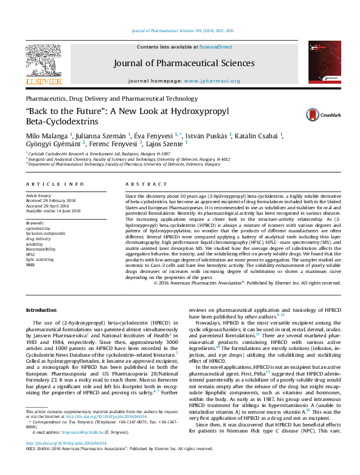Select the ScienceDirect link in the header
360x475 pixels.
tap(216, 47)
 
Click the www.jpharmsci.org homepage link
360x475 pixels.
tap(212, 81)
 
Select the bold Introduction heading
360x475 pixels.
tap(41, 310)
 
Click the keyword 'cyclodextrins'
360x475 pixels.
tap(38, 228)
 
